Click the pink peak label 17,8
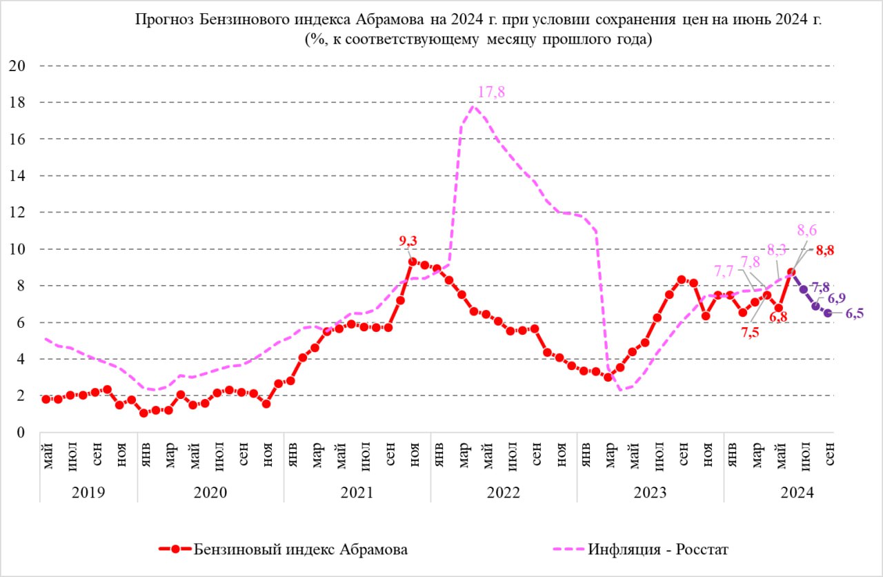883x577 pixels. point(491,92)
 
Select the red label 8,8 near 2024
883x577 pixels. point(825,251)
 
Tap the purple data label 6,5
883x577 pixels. point(855,314)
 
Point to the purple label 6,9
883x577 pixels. point(836,299)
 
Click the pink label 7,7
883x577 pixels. point(724,271)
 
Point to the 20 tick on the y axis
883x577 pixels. point(17,66)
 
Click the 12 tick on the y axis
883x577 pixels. point(17,213)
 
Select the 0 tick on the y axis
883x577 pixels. point(21,433)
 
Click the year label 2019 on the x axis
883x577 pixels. point(88,493)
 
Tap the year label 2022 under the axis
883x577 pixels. point(504,493)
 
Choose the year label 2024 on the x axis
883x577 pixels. point(797,493)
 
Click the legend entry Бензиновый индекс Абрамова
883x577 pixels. point(300,549)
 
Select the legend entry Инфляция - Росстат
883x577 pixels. point(658,549)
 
